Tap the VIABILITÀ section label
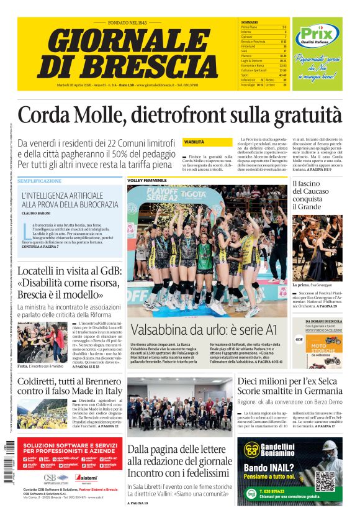click(194, 142)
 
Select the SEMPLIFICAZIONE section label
click(40, 181)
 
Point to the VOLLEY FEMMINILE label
click(147, 181)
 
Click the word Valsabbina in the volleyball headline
click(161, 330)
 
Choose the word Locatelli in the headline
click(42, 271)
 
